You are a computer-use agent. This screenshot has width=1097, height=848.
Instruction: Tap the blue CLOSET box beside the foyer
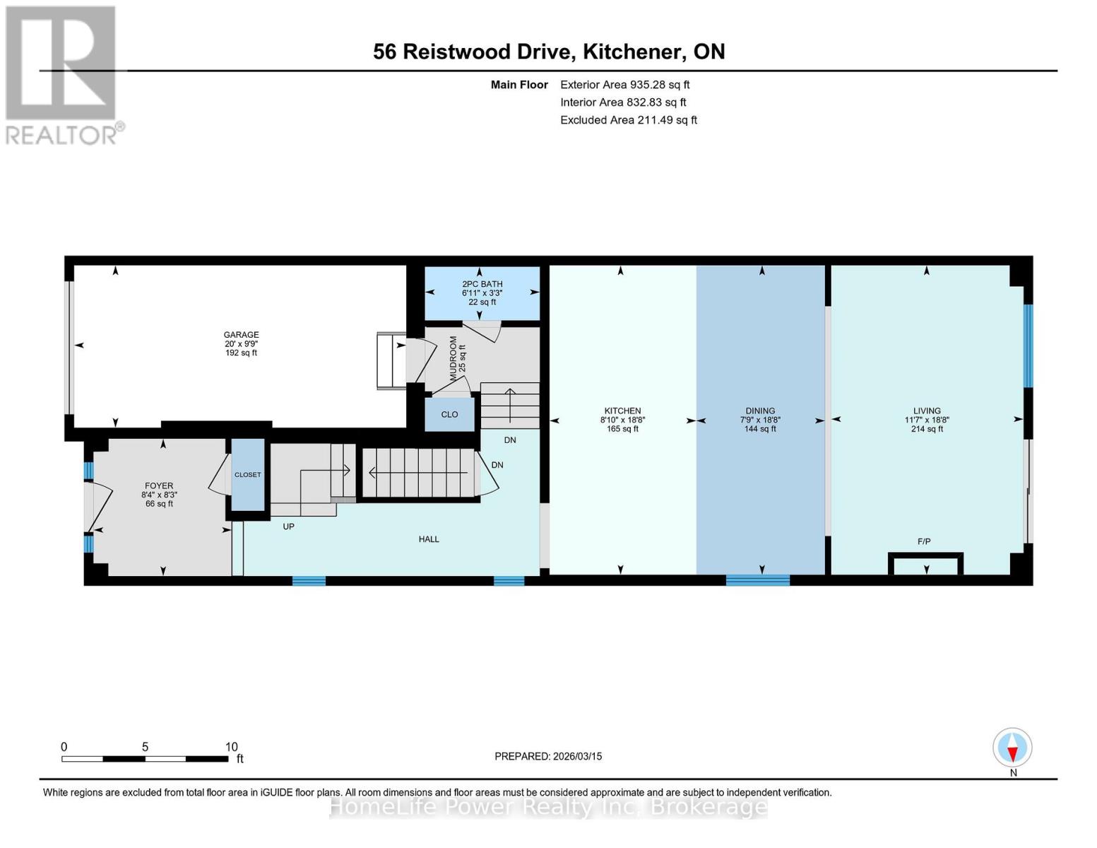(248, 474)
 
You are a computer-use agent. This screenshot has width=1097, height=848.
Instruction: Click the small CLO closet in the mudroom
(449, 414)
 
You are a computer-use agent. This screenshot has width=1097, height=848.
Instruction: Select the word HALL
(429, 539)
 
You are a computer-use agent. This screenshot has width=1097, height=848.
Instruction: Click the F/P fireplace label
(924, 541)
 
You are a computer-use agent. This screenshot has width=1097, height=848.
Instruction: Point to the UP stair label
(288, 526)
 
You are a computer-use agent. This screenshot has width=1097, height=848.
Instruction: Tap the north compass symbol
(1012, 748)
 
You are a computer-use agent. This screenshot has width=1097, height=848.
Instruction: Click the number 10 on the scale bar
(231, 747)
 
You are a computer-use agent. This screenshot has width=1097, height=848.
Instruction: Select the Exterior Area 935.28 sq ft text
(624, 84)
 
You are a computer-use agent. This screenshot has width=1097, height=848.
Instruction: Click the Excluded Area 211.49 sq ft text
(628, 120)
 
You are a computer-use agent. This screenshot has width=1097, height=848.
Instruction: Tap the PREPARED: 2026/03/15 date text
(548, 756)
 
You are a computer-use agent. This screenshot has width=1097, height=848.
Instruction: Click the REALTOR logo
(61, 74)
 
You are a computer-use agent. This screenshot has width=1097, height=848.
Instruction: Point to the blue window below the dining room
(757, 580)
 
